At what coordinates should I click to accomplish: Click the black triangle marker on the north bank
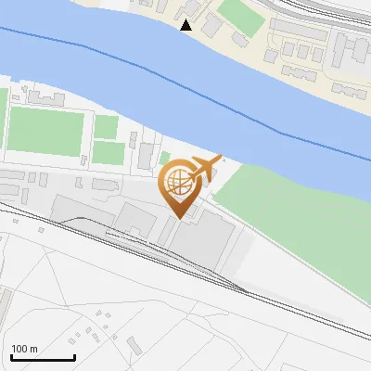coord(186,25)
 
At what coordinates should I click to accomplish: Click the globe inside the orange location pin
coord(176,181)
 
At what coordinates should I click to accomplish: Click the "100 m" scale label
coord(24,349)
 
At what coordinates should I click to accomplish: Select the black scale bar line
coord(43,357)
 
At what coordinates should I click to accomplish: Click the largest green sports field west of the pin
coord(45,131)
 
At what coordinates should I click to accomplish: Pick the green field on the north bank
coord(240,14)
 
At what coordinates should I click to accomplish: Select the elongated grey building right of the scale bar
coord(134,346)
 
